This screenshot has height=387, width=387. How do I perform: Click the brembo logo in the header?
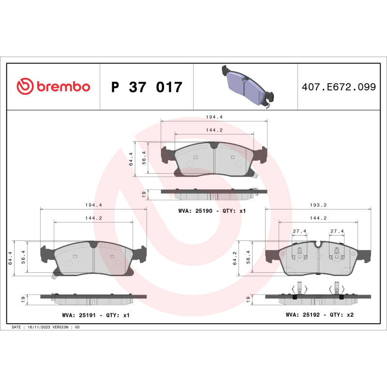pos(53,87)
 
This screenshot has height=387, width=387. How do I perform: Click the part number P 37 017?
pos(147,87)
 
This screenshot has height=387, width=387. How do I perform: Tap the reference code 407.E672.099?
pos(339,87)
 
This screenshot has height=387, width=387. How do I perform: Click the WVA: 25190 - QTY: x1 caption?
pos(212,211)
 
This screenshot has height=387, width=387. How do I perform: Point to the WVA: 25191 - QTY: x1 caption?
pos(96,315)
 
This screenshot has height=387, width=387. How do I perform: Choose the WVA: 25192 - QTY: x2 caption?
pos(319,315)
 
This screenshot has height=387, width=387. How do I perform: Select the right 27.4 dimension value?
pos(337,231)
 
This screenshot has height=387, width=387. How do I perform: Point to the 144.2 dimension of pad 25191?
pos(93,218)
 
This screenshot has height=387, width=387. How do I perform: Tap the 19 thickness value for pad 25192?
pos(249,299)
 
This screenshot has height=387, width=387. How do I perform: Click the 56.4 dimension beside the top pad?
pos(144,159)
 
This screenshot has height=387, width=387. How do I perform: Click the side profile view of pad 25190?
pos(213,193)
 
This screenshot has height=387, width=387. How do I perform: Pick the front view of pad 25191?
pos(93,259)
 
